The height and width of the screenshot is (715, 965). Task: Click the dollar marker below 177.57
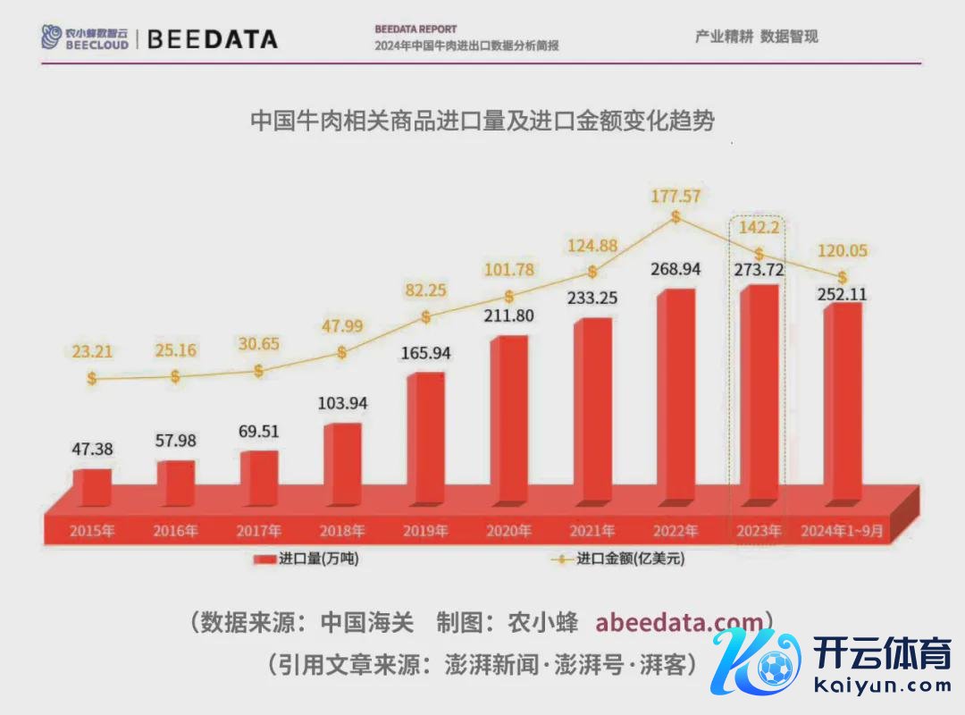pos(675,216)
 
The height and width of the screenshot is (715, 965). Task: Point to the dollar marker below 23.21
pos(92,378)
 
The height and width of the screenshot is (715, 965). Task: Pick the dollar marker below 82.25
pos(426,316)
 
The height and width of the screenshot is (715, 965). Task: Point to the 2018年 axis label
pos(342,531)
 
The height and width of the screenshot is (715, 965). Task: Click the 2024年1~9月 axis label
pos(843,531)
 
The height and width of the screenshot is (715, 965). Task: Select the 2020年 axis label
pos(509,531)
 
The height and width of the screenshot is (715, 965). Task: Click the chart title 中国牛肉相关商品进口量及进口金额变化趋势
pos(482,121)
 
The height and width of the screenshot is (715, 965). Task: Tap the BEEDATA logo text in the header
pos(212,39)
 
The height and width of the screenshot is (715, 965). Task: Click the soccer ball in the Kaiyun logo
pos(774,667)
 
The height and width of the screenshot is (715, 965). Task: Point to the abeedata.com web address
pos(679,622)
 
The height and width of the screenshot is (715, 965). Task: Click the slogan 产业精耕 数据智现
pos(756,37)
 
